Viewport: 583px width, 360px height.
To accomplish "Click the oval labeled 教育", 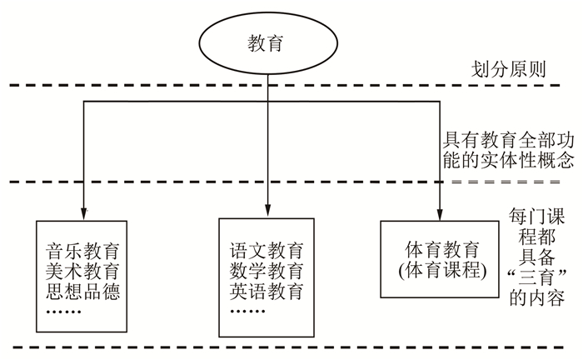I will click(x=266, y=42).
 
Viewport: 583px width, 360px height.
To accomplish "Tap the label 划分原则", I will click(x=508, y=68).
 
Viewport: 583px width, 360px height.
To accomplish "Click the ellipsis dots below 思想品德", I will click(x=62, y=310).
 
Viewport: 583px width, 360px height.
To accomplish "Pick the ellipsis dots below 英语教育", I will click(x=247, y=310).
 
